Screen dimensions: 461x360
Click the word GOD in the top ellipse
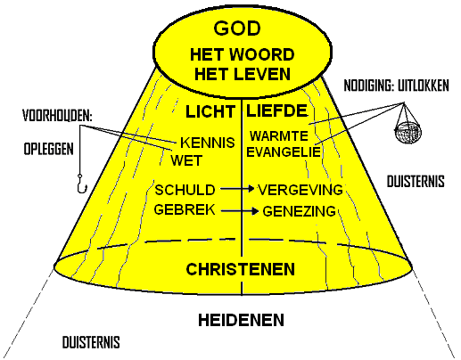tap(237, 29)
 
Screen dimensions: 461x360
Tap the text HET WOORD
tap(243, 54)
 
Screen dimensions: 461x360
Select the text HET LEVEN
tap(243, 74)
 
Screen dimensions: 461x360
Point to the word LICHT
tap(210, 112)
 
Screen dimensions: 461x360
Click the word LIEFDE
tap(276, 110)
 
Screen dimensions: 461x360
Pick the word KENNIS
tap(208, 143)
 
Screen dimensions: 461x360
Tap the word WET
tap(186, 160)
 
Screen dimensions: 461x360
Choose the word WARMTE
tap(279, 136)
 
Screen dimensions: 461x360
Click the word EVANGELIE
tap(284, 151)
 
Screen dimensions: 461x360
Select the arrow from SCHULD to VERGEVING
tap(237, 188)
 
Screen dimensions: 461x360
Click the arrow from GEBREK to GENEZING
tap(240, 211)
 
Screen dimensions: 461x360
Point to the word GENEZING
tap(300, 211)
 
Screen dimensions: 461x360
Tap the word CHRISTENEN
tap(240, 269)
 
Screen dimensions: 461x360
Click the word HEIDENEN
tap(241, 320)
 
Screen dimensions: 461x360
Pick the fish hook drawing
tap(81, 184)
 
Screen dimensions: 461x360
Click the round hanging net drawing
tap(407, 133)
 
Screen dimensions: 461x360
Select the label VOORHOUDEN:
tap(57, 116)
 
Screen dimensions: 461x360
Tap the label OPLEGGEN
tap(48, 149)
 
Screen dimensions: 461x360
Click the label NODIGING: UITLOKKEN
tap(396, 86)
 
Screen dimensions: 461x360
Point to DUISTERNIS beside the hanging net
tap(416, 181)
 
